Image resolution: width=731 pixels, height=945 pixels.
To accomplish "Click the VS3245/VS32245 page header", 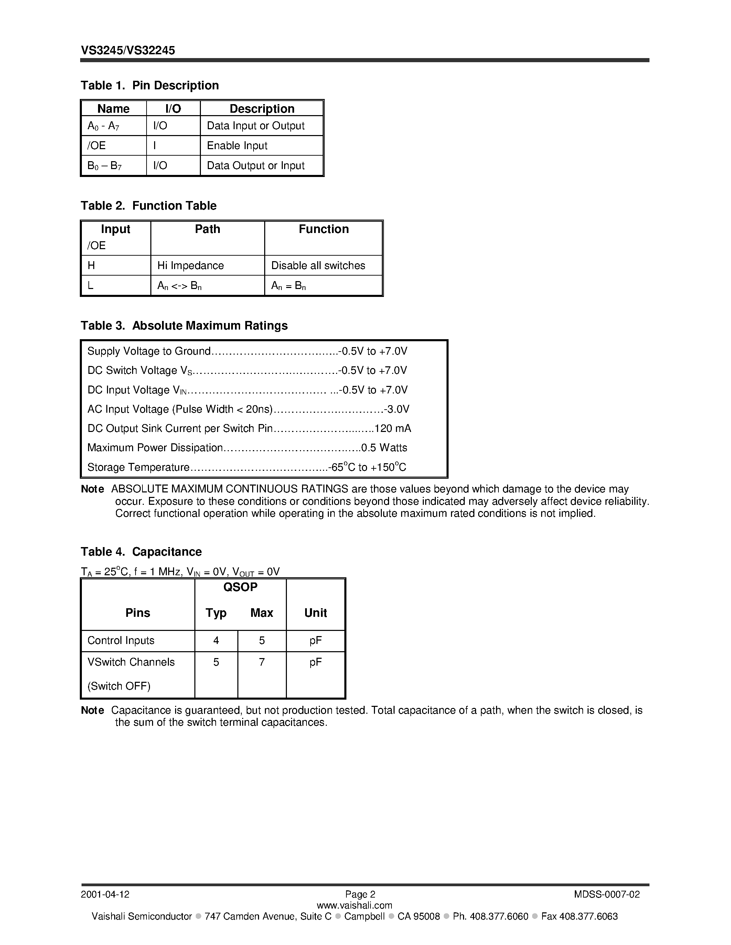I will point(128,51).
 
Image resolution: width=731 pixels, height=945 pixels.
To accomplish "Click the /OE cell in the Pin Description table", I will point(97,145).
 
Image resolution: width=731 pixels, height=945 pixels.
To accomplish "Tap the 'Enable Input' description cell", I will point(237,145).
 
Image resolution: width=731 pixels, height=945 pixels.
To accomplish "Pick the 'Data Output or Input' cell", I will point(256,165).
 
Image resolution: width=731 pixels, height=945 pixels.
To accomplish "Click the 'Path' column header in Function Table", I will point(207,229).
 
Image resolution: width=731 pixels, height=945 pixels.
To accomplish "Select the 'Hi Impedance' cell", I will point(191,265).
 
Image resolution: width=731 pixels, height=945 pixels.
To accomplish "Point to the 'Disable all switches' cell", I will point(318,265).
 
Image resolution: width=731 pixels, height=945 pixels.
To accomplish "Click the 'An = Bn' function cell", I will point(288,286).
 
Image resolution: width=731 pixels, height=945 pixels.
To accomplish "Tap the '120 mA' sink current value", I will point(393,429).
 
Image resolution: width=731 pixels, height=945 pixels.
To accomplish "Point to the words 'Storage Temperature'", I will point(138,467).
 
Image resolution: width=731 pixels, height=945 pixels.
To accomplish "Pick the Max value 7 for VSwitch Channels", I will point(261,662).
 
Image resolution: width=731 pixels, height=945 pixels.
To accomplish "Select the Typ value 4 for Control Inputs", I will point(216,641).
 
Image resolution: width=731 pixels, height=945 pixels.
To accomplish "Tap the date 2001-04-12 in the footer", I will point(105,894).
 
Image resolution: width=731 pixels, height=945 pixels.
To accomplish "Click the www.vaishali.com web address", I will point(354,905).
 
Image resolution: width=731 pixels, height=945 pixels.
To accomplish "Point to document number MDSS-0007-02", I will point(607,894).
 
